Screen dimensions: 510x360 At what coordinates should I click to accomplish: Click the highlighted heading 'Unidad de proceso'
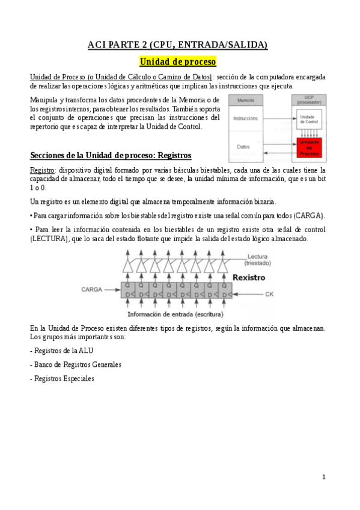click(177, 61)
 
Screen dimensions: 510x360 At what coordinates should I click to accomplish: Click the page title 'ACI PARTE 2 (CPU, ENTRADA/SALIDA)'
click(177, 45)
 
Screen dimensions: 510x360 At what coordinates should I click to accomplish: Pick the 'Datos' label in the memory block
click(243, 146)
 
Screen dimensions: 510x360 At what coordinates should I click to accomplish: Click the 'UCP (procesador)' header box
click(309, 100)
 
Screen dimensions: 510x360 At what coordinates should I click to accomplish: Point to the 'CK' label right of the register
click(269, 294)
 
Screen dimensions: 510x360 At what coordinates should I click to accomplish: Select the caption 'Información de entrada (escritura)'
click(175, 314)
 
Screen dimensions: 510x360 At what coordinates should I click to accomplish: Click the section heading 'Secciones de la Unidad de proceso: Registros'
click(111, 155)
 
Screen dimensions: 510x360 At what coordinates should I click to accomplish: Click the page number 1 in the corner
click(323, 477)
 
